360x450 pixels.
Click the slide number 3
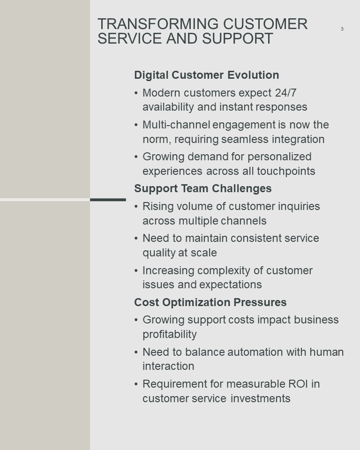(x=342, y=29)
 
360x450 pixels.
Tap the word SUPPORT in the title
(x=237, y=38)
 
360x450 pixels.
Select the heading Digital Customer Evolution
(x=207, y=75)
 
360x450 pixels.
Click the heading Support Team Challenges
(x=203, y=188)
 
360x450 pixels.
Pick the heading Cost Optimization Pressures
(x=210, y=302)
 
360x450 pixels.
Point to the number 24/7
(x=285, y=93)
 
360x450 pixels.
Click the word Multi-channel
(x=177, y=125)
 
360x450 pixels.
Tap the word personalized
(x=280, y=157)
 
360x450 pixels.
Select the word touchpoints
(x=286, y=171)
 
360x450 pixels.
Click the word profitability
(x=170, y=334)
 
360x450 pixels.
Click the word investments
(x=261, y=398)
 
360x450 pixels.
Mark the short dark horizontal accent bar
(x=108, y=200)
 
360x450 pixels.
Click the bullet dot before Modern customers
(x=136, y=93)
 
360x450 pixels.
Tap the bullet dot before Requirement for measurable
(x=136, y=384)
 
